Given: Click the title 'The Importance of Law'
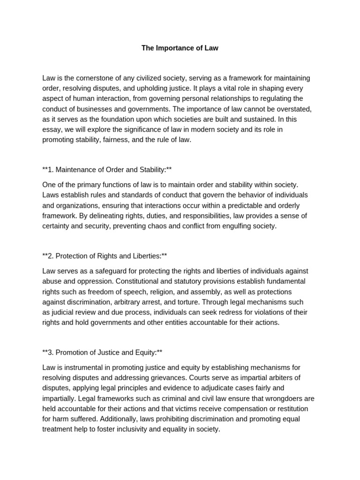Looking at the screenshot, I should click(x=180, y=48).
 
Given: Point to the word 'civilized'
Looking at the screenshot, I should click(x=148, y=78).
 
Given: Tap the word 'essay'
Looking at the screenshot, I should click(x=52, y=129).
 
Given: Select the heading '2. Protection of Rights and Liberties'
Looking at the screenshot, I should click(x=105, y=256).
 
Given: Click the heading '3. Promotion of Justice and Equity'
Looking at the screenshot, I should click(x=102, y=352).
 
